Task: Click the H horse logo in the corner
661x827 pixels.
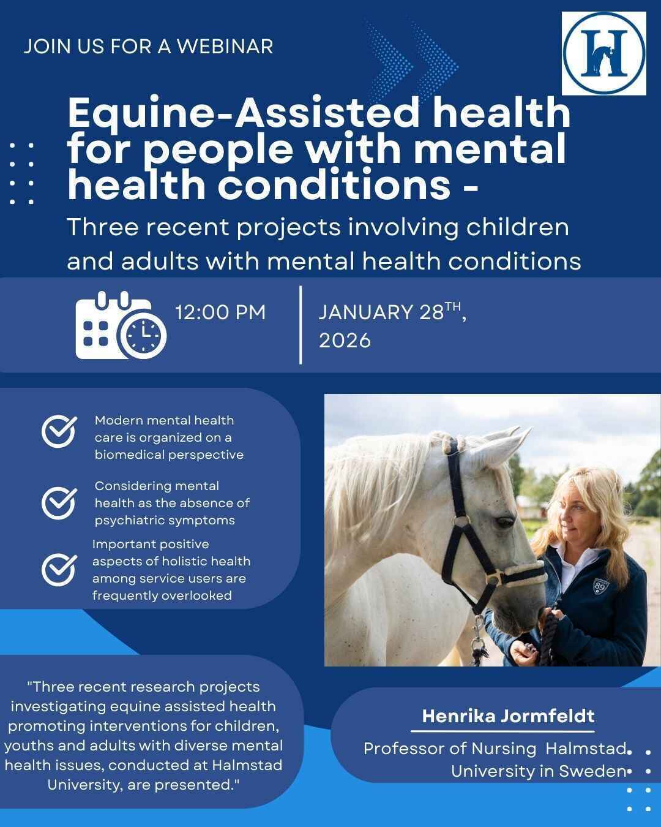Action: coord(603,53)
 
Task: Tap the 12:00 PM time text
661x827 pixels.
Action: coord(220,312)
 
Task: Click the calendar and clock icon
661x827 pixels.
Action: coord(121,326)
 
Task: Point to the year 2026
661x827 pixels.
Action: coord(345,341)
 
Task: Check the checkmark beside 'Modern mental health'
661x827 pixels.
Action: coord(59,431)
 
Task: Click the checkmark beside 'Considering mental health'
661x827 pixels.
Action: coord(59,502)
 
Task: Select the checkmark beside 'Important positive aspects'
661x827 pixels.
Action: coord(59,569)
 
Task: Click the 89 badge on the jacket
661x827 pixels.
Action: coord(601,587)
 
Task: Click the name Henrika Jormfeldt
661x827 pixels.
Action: coord(508,716)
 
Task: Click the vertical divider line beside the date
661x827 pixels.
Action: coord(301,325)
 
